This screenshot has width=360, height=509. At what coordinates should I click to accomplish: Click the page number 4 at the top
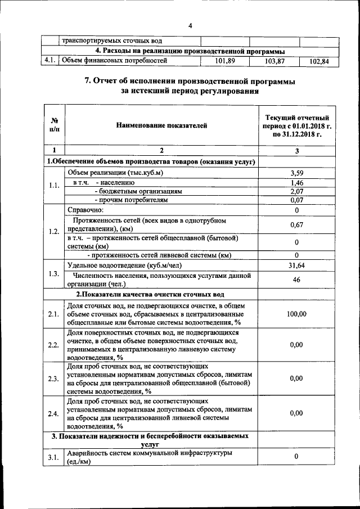pyautogui.click(x=190, y=26)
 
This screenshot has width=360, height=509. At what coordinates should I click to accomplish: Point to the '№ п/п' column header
pyautogui.click(x=54, y=125)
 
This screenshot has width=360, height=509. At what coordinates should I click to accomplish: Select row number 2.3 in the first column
pyautogui.click(x=54, y=379)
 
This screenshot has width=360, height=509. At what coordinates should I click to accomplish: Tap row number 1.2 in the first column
pyautogui.click(x=54, y=231)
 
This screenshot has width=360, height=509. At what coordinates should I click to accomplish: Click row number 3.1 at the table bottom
pyautogui.click(x=54, y=457)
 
